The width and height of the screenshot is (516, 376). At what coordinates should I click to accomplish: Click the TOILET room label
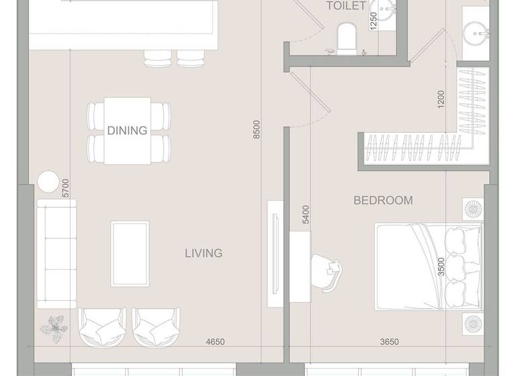[346, 6]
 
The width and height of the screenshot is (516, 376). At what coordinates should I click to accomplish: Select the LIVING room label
[204, 253]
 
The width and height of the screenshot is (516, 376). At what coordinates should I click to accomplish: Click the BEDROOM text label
[383, 200]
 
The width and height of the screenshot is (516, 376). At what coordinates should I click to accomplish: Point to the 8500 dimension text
[256, 130]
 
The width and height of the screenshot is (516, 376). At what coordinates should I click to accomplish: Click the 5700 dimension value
[65, 188]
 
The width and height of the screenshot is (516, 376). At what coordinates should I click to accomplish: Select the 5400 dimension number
[306, 215]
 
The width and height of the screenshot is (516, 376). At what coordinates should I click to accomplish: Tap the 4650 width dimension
[215, 342]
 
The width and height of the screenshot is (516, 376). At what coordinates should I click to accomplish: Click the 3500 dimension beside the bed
[441, 267]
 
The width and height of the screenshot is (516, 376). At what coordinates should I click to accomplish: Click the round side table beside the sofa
[48, 182]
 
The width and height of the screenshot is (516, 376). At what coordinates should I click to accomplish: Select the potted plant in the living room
[53, 328]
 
